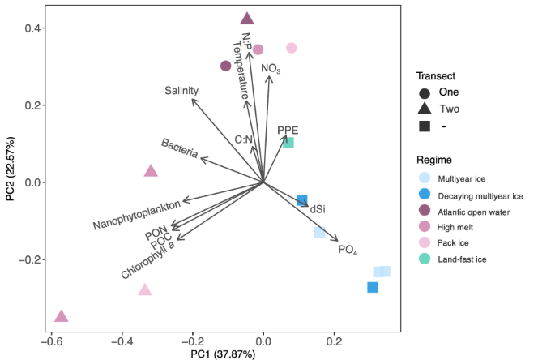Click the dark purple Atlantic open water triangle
247,19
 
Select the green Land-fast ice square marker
288,143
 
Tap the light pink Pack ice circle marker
292,49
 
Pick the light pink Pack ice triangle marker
145,290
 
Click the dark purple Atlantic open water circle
226,66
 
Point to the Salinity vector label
181,91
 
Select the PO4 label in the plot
348,250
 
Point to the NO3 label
271,69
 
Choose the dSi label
318,209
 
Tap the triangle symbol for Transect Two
425,109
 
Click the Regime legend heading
435,159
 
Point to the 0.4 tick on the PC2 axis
31,28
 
